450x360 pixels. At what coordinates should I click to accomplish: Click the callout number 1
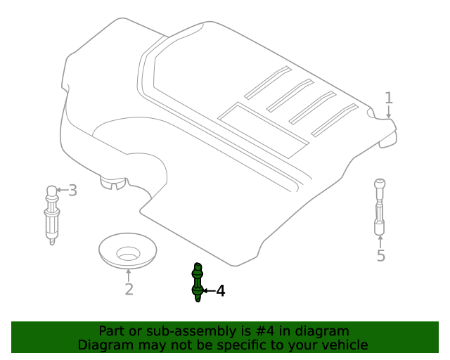389,98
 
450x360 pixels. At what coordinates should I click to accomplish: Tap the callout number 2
129,289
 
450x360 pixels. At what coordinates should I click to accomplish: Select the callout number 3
73,191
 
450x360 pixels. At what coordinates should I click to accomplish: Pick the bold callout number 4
220,291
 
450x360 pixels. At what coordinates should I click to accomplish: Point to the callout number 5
381,255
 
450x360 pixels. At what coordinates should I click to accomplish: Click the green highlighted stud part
198,282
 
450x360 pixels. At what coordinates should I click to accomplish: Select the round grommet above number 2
128,251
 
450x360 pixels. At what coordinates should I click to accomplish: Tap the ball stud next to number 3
51,214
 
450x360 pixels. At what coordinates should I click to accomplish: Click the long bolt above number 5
380,207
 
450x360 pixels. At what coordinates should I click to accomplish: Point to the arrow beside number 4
209,291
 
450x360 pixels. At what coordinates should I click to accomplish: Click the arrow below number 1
389,112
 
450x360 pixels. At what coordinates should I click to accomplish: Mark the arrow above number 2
128,276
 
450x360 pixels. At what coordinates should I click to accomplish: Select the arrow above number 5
380,242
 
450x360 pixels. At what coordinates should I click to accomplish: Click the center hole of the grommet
128,254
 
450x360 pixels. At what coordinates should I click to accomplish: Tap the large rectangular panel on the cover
263,130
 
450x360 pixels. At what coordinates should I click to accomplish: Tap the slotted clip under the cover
113,183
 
